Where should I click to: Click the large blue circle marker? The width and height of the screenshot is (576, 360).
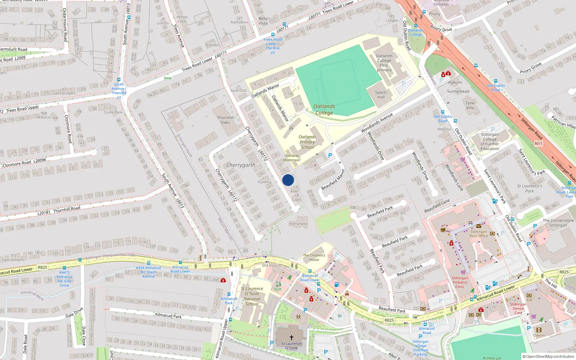(x=288, y=180)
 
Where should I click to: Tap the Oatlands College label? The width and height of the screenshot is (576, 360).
(x=324, y=109)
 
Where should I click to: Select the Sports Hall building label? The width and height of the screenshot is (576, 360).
(x=381, y=95)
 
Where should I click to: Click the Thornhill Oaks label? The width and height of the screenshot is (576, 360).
(x=225, y=120)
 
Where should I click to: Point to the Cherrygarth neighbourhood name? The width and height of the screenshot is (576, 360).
(x=240, y=165)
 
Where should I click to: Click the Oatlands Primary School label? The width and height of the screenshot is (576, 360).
(x=307, y=142)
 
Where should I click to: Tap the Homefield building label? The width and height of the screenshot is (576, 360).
(x=298, y=224)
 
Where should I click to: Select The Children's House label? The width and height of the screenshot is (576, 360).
(x=314, y=257)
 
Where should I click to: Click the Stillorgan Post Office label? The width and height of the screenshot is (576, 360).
(x=478, y=234)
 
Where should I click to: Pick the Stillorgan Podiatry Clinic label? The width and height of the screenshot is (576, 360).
(x=460, y=282)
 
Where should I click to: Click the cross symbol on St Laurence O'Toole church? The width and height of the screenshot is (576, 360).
(x=291, y=337)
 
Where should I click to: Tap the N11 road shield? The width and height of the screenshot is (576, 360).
(x=538, y=144)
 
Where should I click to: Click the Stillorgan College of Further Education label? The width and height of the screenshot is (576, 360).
(x=490, y=141)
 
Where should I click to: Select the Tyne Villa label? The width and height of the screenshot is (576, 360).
(x=470, y=105)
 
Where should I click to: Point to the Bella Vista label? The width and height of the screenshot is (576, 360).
(x=263, y=21)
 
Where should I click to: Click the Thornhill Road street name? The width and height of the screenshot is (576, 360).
(x=67, y=209)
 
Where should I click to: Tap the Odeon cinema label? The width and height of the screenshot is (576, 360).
(x=539, y=335)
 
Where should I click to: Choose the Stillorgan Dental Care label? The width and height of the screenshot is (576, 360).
(x=518, y=309)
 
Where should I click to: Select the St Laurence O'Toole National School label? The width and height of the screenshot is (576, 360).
(x=252, y=296)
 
